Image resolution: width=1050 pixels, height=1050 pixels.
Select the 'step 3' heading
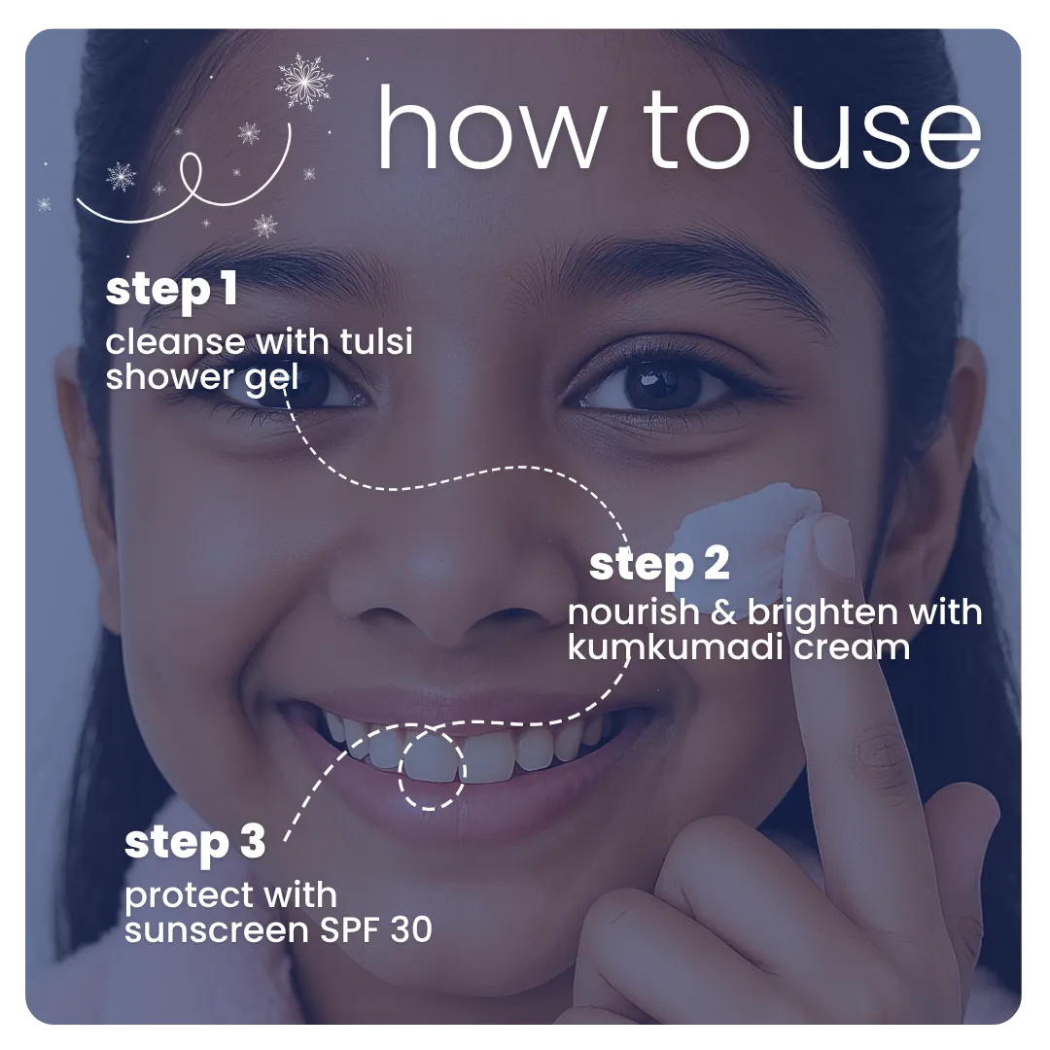[x=194, y=843]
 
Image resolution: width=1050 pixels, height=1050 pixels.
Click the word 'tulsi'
[x=375, y=341]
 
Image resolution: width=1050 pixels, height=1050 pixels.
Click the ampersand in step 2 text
[x=723, y=612]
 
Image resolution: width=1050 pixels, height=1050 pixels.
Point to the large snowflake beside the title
[x=304, y=82]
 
